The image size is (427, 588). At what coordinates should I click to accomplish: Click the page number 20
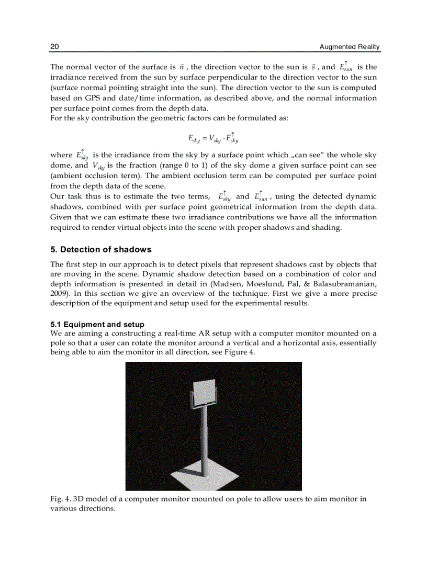(54, 47)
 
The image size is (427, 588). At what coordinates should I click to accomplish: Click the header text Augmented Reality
(350, 47)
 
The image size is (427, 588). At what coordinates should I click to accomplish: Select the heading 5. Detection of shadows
(100, 249)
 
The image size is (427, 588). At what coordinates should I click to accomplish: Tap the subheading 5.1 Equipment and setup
(97, 325)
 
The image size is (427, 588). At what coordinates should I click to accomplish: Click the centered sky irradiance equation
(213, 138)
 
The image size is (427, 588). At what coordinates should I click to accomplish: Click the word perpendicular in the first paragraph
(201, 78)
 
